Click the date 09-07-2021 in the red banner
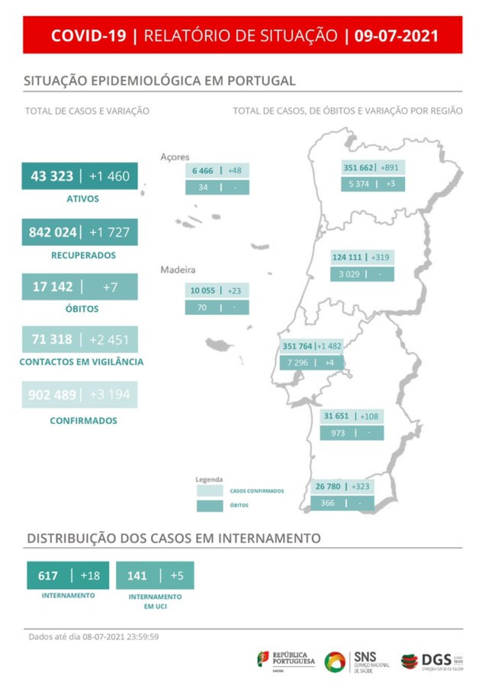396,36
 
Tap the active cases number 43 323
52,176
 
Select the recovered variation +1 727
109,232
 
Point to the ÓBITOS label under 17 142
82,309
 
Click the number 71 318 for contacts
52,340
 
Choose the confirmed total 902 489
52,395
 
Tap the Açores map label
175,157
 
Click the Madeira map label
178,270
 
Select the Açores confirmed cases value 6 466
203,171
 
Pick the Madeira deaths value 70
202,308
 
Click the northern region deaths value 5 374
359,184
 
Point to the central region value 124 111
347,257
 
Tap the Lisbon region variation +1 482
329,346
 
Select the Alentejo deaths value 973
338,433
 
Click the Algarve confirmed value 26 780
328,486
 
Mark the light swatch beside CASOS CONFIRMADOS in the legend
210,491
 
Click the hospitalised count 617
48,576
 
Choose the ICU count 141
137,576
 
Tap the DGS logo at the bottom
433,660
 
